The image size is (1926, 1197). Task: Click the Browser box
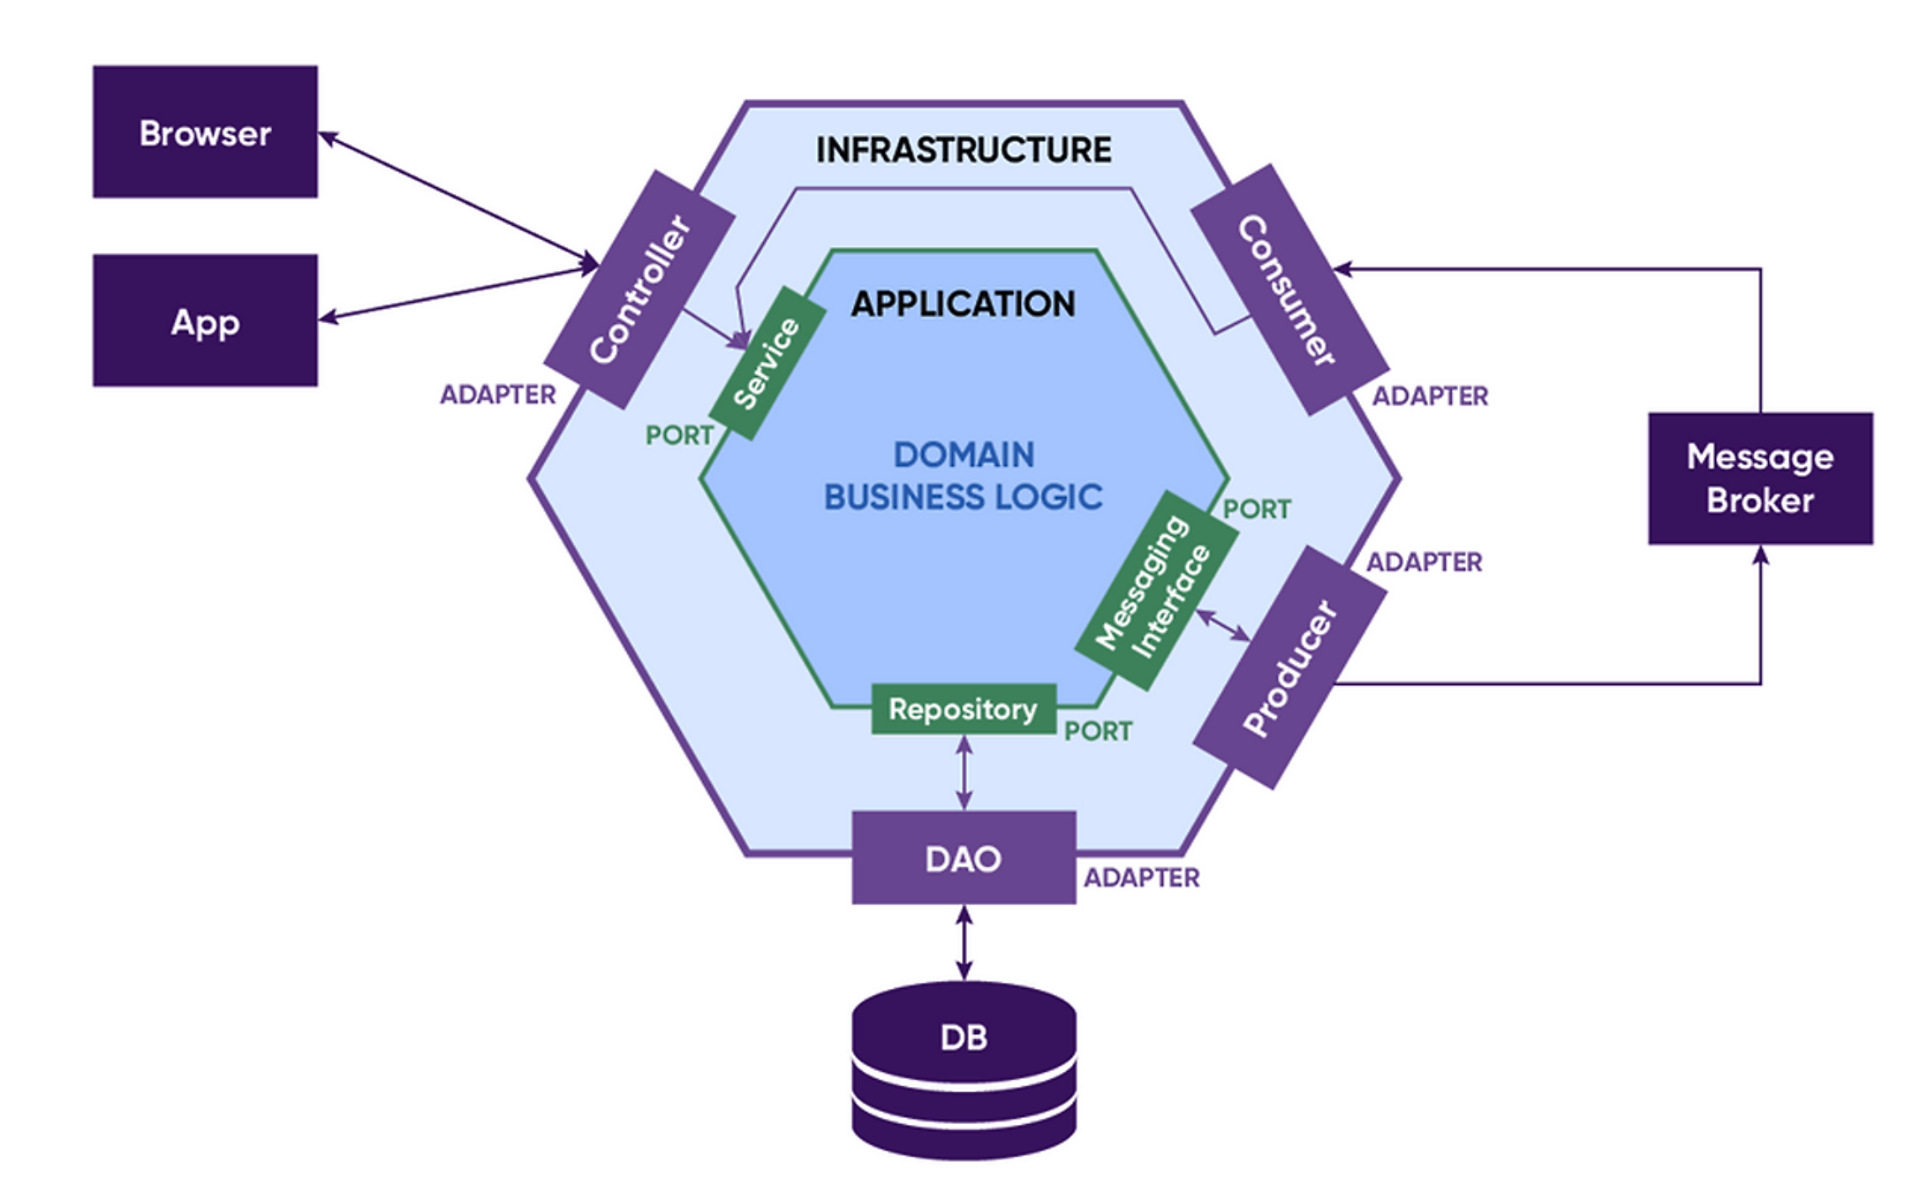tap(205, 132)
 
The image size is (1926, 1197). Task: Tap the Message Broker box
tap(1760, 478)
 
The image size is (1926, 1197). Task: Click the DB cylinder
tap(964, 1070)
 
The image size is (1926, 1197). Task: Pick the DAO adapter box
tap(964, 858)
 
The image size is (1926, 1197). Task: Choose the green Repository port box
tap(963, 709)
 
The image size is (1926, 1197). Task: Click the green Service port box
tap(767, 363)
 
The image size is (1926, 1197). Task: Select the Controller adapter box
tap(640, 290)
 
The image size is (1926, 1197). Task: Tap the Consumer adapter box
tap(1289, 290)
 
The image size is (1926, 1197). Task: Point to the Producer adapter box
tap(1290, 667)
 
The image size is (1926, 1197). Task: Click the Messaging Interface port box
tap(1157, 591)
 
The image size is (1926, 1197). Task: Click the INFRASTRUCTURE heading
tap(963, 149)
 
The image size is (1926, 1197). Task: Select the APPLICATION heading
tap(963, 304)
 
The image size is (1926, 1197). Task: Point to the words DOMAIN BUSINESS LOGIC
tap(963, 476)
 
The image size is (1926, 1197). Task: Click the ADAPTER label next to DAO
tap(1141, 878)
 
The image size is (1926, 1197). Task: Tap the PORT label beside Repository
tap(1097, 731)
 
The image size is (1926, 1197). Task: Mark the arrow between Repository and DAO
tap(964, 772)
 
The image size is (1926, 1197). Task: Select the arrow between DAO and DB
tap(964, 943)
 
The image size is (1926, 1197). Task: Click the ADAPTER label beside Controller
tap(498, 395)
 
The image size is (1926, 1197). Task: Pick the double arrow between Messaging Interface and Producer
tap(1222, 626)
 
